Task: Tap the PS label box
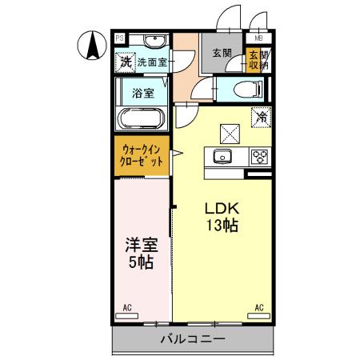tap(119, 37)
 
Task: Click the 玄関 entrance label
tap(222, 53)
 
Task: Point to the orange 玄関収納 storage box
tap(254, 61)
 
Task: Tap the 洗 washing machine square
tap(125, 60)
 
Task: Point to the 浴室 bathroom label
tap(142, 92)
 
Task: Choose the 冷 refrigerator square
tap(261, 117)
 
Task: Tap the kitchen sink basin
tap(221, 155)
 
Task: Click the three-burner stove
tap(258, 155)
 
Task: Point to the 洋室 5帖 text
tap(139, 252)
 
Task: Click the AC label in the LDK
tap(258, 307)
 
